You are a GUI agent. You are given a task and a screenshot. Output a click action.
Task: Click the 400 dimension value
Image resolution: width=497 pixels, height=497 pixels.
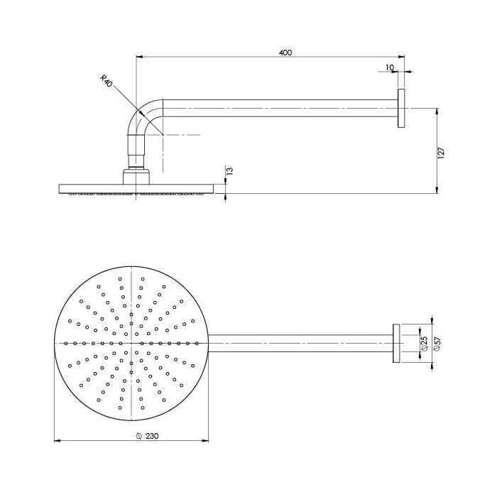click(x=285, y=53)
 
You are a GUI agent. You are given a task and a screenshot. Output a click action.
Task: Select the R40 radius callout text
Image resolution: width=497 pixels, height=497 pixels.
click(x=106, y=81)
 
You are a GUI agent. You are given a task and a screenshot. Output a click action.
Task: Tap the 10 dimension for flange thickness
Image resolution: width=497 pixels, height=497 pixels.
click(x=390, y=67)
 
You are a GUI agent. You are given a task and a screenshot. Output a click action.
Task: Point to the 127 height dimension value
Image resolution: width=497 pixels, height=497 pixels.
click(x=441, y=153)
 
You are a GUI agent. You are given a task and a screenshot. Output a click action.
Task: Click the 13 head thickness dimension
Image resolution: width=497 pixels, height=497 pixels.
click(x=230, y=171)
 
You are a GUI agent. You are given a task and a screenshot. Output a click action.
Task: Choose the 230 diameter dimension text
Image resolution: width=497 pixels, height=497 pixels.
click(x=152, y=436)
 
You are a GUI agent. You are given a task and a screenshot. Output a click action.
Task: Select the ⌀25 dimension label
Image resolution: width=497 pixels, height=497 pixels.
click(x=425, y=343)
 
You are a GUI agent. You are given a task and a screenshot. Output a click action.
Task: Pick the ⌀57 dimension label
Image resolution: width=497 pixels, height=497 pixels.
click(x=437, y=344)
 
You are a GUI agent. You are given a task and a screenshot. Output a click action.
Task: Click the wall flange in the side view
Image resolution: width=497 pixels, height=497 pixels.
click(x=401, y=109)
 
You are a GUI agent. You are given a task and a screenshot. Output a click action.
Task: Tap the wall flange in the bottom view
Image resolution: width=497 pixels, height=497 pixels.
click(x=396, y=343)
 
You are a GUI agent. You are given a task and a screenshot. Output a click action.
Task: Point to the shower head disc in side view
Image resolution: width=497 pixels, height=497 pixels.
click(x=136, y=189)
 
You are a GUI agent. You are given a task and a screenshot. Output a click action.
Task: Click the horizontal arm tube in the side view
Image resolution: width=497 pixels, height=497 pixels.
click(x=280, y=109)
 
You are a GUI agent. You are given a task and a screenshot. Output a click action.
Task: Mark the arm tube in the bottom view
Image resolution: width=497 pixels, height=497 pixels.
click(x=300, y=343)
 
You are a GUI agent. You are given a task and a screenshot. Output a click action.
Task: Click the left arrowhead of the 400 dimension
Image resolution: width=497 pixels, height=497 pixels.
click(x=138, y=57)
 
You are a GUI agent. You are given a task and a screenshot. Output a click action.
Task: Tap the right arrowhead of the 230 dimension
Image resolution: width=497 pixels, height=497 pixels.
click(x=206, y=441)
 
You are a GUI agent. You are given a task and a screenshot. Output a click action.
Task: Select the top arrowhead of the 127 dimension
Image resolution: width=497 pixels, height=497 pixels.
click(x=437, y=111)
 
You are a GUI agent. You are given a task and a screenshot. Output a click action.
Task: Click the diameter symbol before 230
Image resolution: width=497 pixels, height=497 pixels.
click(x=138, y=436)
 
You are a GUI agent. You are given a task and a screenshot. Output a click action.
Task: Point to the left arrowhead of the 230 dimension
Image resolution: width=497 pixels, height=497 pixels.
click(x=58, y=441)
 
